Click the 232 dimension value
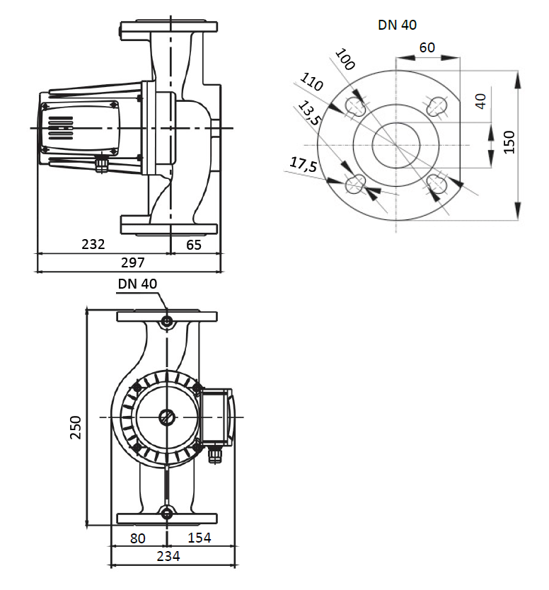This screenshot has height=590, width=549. [x=93, y=244]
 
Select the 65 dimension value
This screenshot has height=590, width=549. [x=194, y=245]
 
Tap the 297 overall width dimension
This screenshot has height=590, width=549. [x=133, y=262]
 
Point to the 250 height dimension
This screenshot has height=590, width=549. [x=76, y=427]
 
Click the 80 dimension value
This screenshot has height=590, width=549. [x=138, y=538]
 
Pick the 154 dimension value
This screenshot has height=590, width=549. [x=200, y=538]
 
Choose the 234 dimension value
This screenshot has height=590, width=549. [x=168, y=556]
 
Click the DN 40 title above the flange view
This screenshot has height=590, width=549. [x=398, y=25]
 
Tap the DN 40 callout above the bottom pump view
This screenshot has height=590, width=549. [x=137, y=284]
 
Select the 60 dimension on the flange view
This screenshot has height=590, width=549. [x=427, y=48]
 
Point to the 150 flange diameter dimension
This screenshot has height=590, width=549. [x=509, y=142]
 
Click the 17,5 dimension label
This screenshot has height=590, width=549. [x=304, y=164]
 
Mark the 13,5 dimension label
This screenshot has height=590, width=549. [x=309, y=113]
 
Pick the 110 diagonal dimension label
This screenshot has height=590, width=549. [x=311, y=82]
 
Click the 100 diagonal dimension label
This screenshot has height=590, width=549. [x=345, y=59]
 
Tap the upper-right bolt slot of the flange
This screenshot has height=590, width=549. [x=437, y=105]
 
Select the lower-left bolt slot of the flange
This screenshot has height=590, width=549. [x=355, y=185]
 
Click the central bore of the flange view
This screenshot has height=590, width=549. [x=396, y=145]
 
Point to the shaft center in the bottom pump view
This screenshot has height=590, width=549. [x=167, y=417]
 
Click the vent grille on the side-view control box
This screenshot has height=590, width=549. [x=61, y=128]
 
